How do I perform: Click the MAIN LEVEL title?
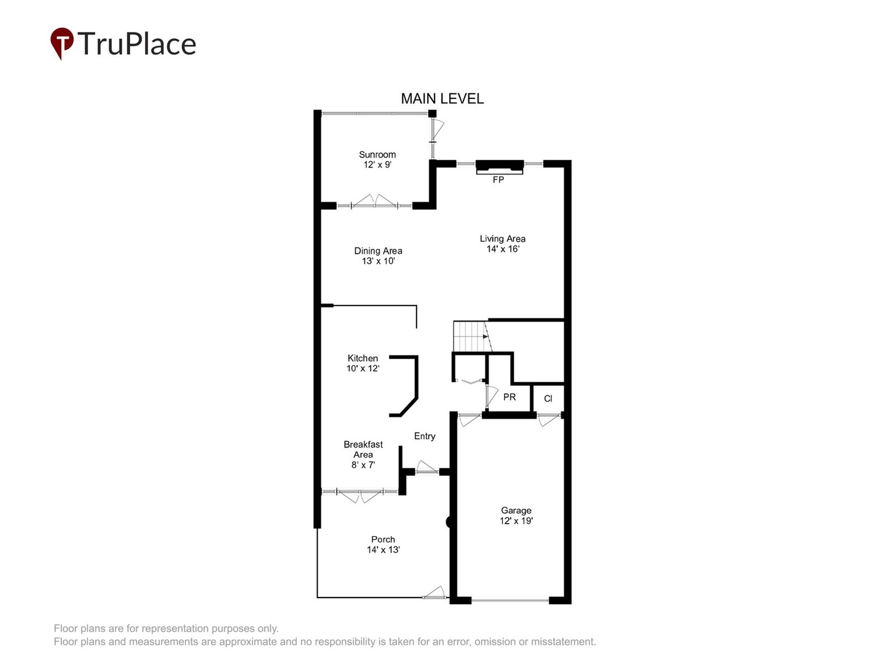[x=442, y=98]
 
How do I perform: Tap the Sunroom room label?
[x=377, y=154]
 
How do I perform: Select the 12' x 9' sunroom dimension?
[x=377, y=165]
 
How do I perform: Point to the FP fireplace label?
[x=498, y=180]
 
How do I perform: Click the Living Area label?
[x=502, y=239]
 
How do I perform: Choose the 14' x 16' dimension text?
[x=503, y=249]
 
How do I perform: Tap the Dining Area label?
[x=378, y=251]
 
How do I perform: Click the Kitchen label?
[x=363, y=358]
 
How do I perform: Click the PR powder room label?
[x=509, y=397]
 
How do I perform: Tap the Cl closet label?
[x=548, y=398]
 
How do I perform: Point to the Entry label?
[x=424, y=436]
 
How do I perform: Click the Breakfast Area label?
[x=363, y=449]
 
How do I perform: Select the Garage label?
[x=516, y=510]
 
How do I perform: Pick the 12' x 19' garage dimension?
[x=516, y=521]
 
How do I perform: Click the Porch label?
[x=383, y=539]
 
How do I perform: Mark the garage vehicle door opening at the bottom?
[x=510, y=600]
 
